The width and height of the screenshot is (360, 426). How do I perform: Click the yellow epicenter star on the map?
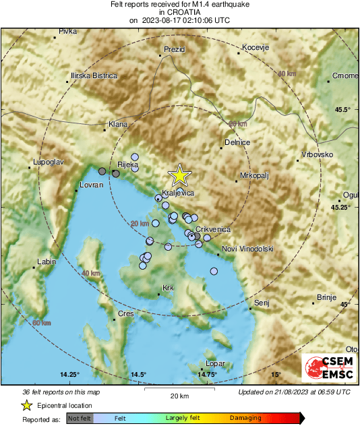[179, 175]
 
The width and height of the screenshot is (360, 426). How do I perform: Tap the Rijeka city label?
[127, 164]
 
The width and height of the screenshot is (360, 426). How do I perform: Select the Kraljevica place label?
[179, 193]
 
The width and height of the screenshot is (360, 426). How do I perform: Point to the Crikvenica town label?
[213, 229]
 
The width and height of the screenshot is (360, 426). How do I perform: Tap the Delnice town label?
[237, 142]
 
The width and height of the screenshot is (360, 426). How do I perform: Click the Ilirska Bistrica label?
[94, 75]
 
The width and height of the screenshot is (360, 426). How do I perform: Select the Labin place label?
[46, 262]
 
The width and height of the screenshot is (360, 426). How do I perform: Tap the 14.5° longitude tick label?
[138, 374]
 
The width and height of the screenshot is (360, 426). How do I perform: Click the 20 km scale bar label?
[179, 395]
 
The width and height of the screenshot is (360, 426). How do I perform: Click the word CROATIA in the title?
[179, 12]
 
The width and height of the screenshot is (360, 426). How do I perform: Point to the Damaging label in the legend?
[245, 418]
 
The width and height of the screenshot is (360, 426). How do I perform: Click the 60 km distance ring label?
[42, 323]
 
